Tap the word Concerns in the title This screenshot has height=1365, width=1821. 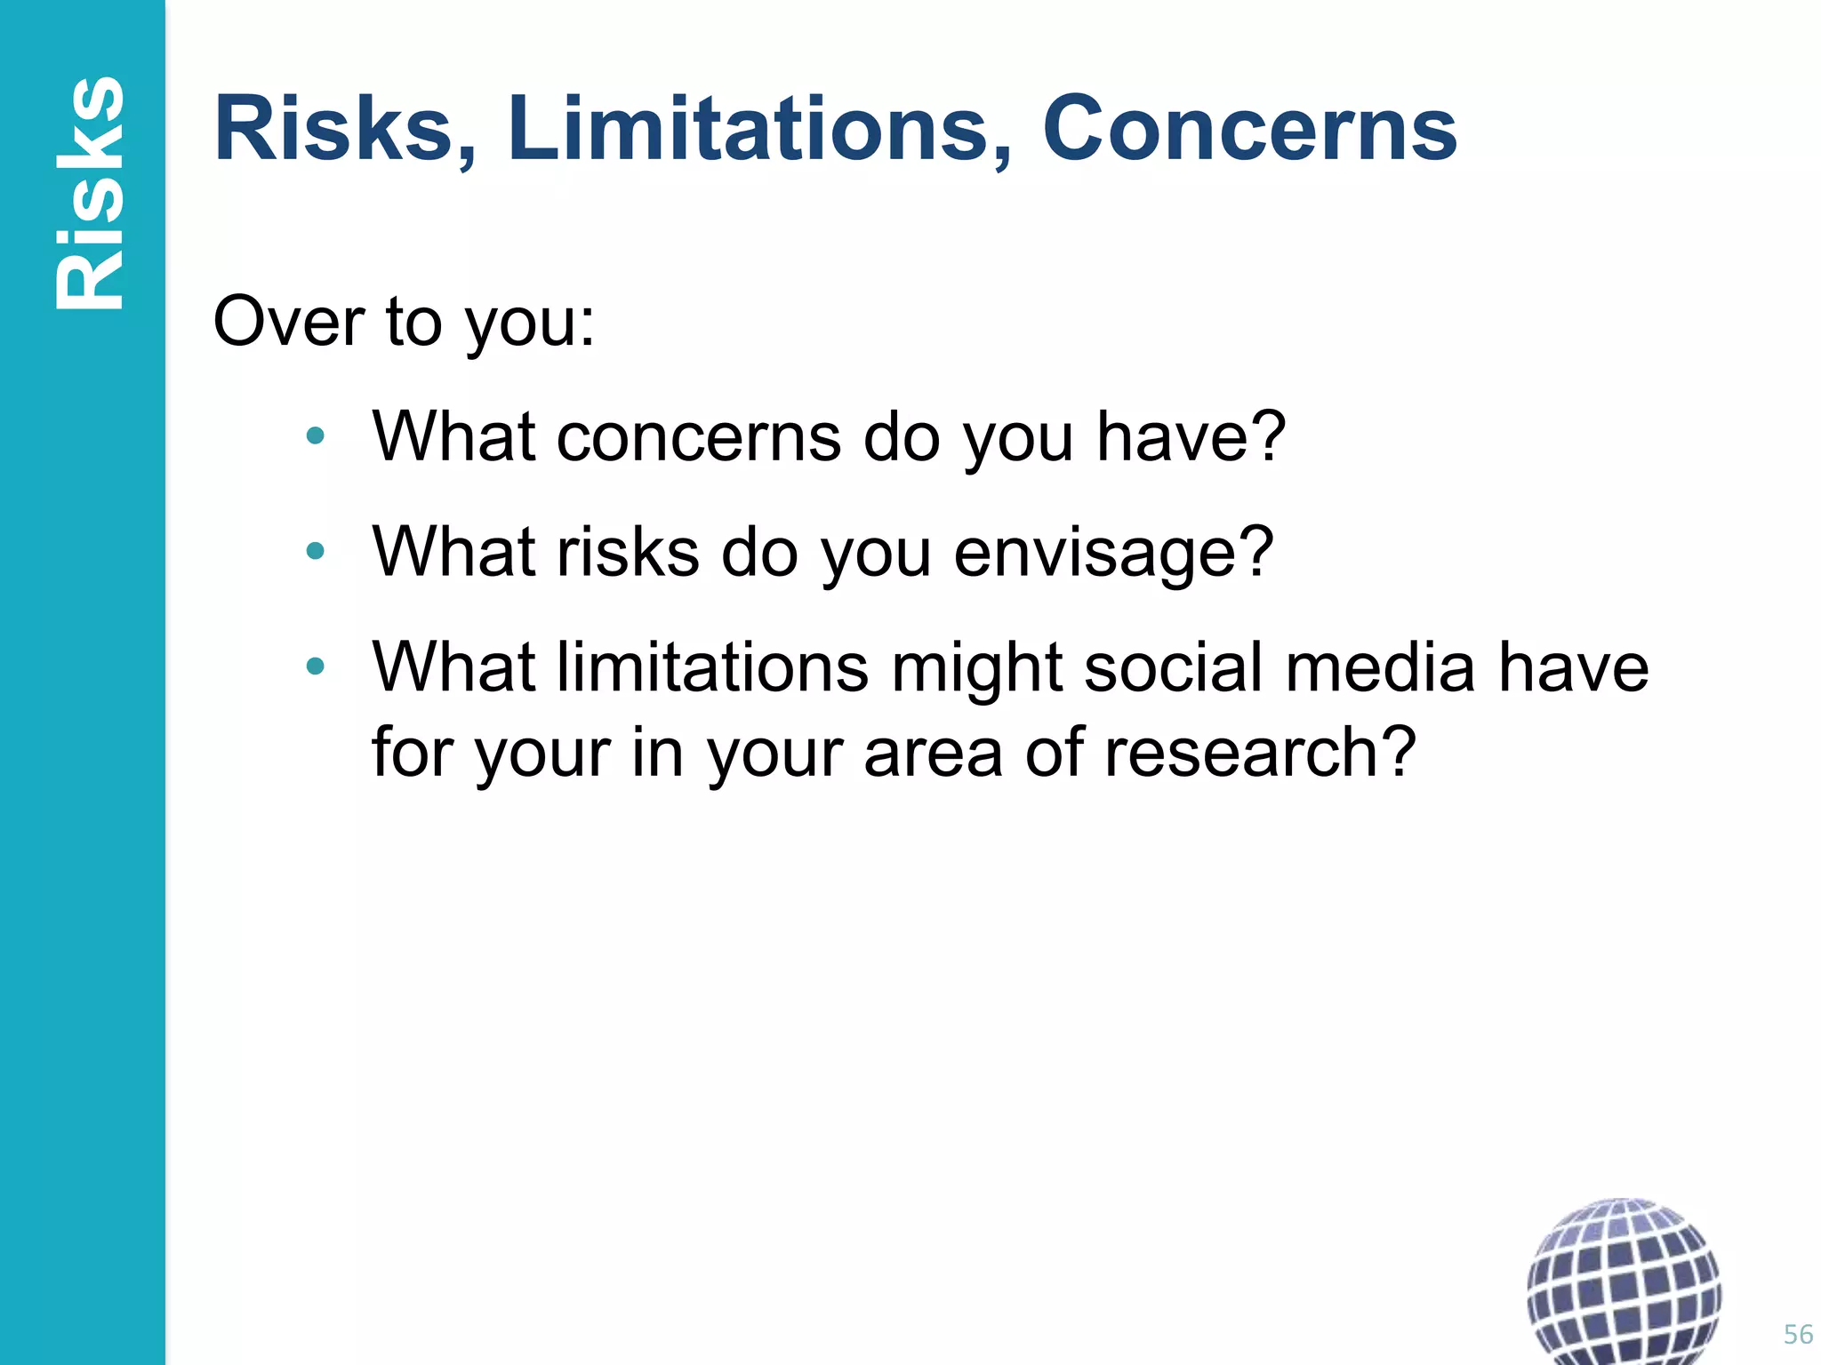tap(1249, 130)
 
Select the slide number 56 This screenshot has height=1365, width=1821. tap(1798, 1334)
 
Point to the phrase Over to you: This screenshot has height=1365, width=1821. tap(404, 322)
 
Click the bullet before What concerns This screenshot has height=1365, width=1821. tap(315, 436)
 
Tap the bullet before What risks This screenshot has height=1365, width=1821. tap(315, 552)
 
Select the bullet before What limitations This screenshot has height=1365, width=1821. tap(315, 667)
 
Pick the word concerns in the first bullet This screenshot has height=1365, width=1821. tap(699, 436)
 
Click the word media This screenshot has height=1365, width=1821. tap(1381, 668)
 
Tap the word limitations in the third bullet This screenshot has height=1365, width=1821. tap(712, 668)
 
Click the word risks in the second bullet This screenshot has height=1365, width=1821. tap(628, 552)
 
